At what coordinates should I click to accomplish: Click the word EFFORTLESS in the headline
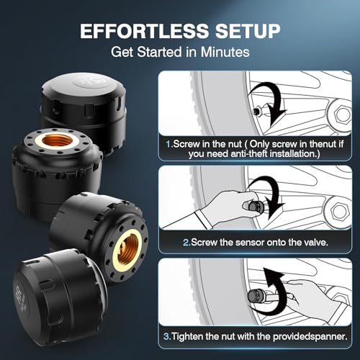pyautogui.click(x=145, y=31)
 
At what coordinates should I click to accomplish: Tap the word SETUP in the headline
pyautogui.click(x=248, y=31)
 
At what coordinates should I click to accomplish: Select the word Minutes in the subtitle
pyautogui.click(x=225, y=52)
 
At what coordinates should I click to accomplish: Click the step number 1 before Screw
pyautogui.click(x=168, y=144)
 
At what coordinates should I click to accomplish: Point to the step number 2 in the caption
pyautogui.click(x=186, y=243)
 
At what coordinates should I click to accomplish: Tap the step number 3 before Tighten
pyautogui.click(x=166, y=336)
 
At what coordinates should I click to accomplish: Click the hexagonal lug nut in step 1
pyautogui.click(x=342, y=115)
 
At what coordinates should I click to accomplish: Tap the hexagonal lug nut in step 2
pyautogui.click(x=341, y=211)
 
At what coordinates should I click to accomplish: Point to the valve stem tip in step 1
pyautogui.click(x=256, y=112)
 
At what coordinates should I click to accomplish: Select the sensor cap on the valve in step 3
pyautogui.click(x=255, y=297)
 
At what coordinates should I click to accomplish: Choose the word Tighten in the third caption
pyautogui.click(x=187, y=336)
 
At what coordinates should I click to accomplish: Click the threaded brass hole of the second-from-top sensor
pyautogui.click(x=58, y=141)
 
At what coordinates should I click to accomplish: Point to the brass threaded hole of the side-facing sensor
pyautogui.click(x=127, y=251)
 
